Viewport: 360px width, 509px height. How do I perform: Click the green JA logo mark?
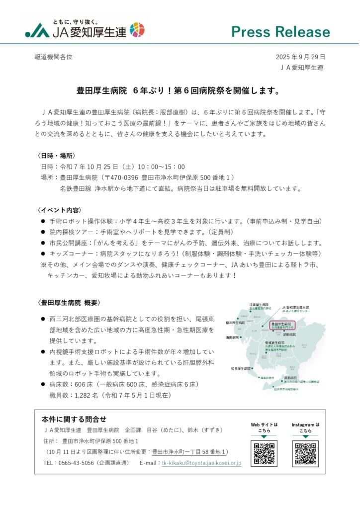[38, 31]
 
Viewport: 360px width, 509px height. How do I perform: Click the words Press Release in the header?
[280, 32]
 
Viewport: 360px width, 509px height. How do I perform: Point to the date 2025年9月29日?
[300, 57]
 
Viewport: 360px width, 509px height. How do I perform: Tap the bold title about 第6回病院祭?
[180, 91]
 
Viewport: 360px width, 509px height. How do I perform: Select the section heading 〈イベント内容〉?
[60, 210]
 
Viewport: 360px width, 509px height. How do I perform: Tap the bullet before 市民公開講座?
[43, 243]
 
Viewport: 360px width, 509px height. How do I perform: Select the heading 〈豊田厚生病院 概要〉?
[70, 302]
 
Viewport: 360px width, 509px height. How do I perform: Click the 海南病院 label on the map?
[232, 338]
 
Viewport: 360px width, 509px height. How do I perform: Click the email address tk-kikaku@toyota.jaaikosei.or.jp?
[201, 463]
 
